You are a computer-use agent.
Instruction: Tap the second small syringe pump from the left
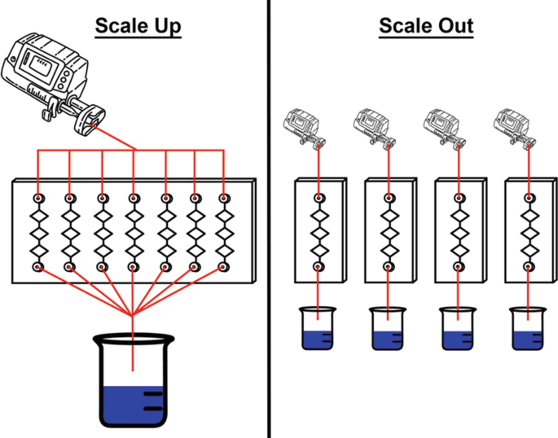click(x=372, y=126)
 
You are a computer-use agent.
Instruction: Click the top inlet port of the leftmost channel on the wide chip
click(x=37, y=199)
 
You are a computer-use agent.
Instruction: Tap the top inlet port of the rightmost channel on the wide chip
click(x=223, y=199)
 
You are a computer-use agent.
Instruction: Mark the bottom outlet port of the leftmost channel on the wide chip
click(x=37, y=266)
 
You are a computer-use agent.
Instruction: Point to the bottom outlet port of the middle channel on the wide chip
click(x=133, y=266)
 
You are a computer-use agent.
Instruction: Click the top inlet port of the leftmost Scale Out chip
click(x=318, y=199)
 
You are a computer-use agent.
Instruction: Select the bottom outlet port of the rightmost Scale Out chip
click(x=529, y=266)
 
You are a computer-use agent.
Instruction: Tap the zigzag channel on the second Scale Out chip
click(x=389, y=233)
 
